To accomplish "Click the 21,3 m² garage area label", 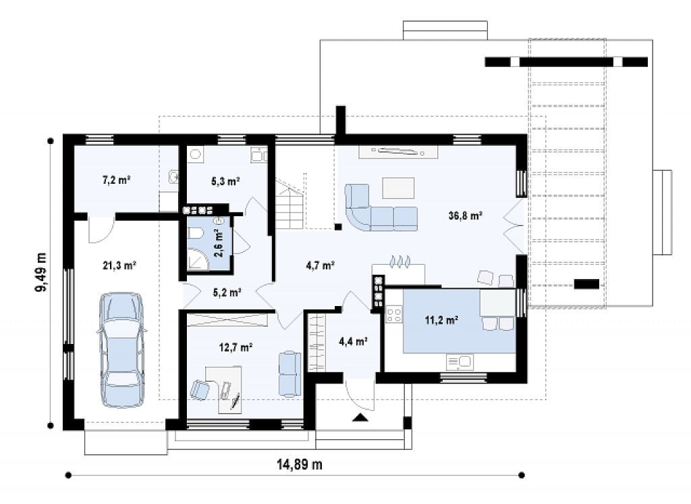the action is point(119,266).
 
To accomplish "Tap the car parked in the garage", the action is point(121,349).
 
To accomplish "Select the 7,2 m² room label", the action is point(116,180).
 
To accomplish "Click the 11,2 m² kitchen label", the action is point(441,320).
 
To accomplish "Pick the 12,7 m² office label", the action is point(236,347).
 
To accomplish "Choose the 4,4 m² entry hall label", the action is point(354,341).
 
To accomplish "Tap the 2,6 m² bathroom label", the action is point(219,243).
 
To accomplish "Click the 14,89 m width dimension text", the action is point(300,464).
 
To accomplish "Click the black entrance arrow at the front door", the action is point(360,418).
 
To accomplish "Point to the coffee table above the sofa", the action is point(398,188).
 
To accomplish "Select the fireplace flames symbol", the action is point(401,261).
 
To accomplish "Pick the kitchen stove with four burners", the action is point(394,314).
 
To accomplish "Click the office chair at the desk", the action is point(201,389).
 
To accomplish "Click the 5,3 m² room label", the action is point(225,181).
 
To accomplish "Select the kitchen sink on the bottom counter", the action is point(459,362).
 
